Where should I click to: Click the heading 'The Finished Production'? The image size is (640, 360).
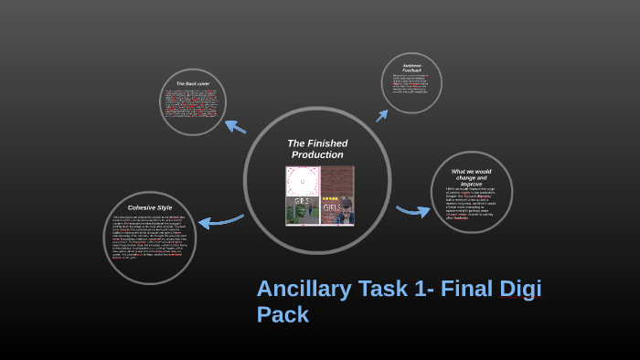click(x=317, y=149)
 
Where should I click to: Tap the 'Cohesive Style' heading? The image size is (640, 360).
click(x=149, y=207)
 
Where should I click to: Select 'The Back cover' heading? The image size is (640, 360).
click(x=193, y=84)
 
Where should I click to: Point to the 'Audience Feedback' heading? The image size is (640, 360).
click(x=411, y=67)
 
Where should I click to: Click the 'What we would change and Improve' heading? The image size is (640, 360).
click(x=471, y=177)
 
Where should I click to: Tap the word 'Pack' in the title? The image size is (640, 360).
click(x=283, y=315)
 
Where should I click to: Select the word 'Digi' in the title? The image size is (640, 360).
click(x=518, y=289)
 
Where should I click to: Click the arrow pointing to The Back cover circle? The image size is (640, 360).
click(x=235, y=126)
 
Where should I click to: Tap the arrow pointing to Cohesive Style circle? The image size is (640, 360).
click(x=219, y=220)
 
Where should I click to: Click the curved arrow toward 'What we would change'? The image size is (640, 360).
click(x=412, y=211)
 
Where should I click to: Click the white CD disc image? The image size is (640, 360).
click(x=302, y=181)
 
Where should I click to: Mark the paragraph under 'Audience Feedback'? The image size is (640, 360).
click(x=411, y=84)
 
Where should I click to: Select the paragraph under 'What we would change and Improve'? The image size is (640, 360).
click(x=471, y=204)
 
